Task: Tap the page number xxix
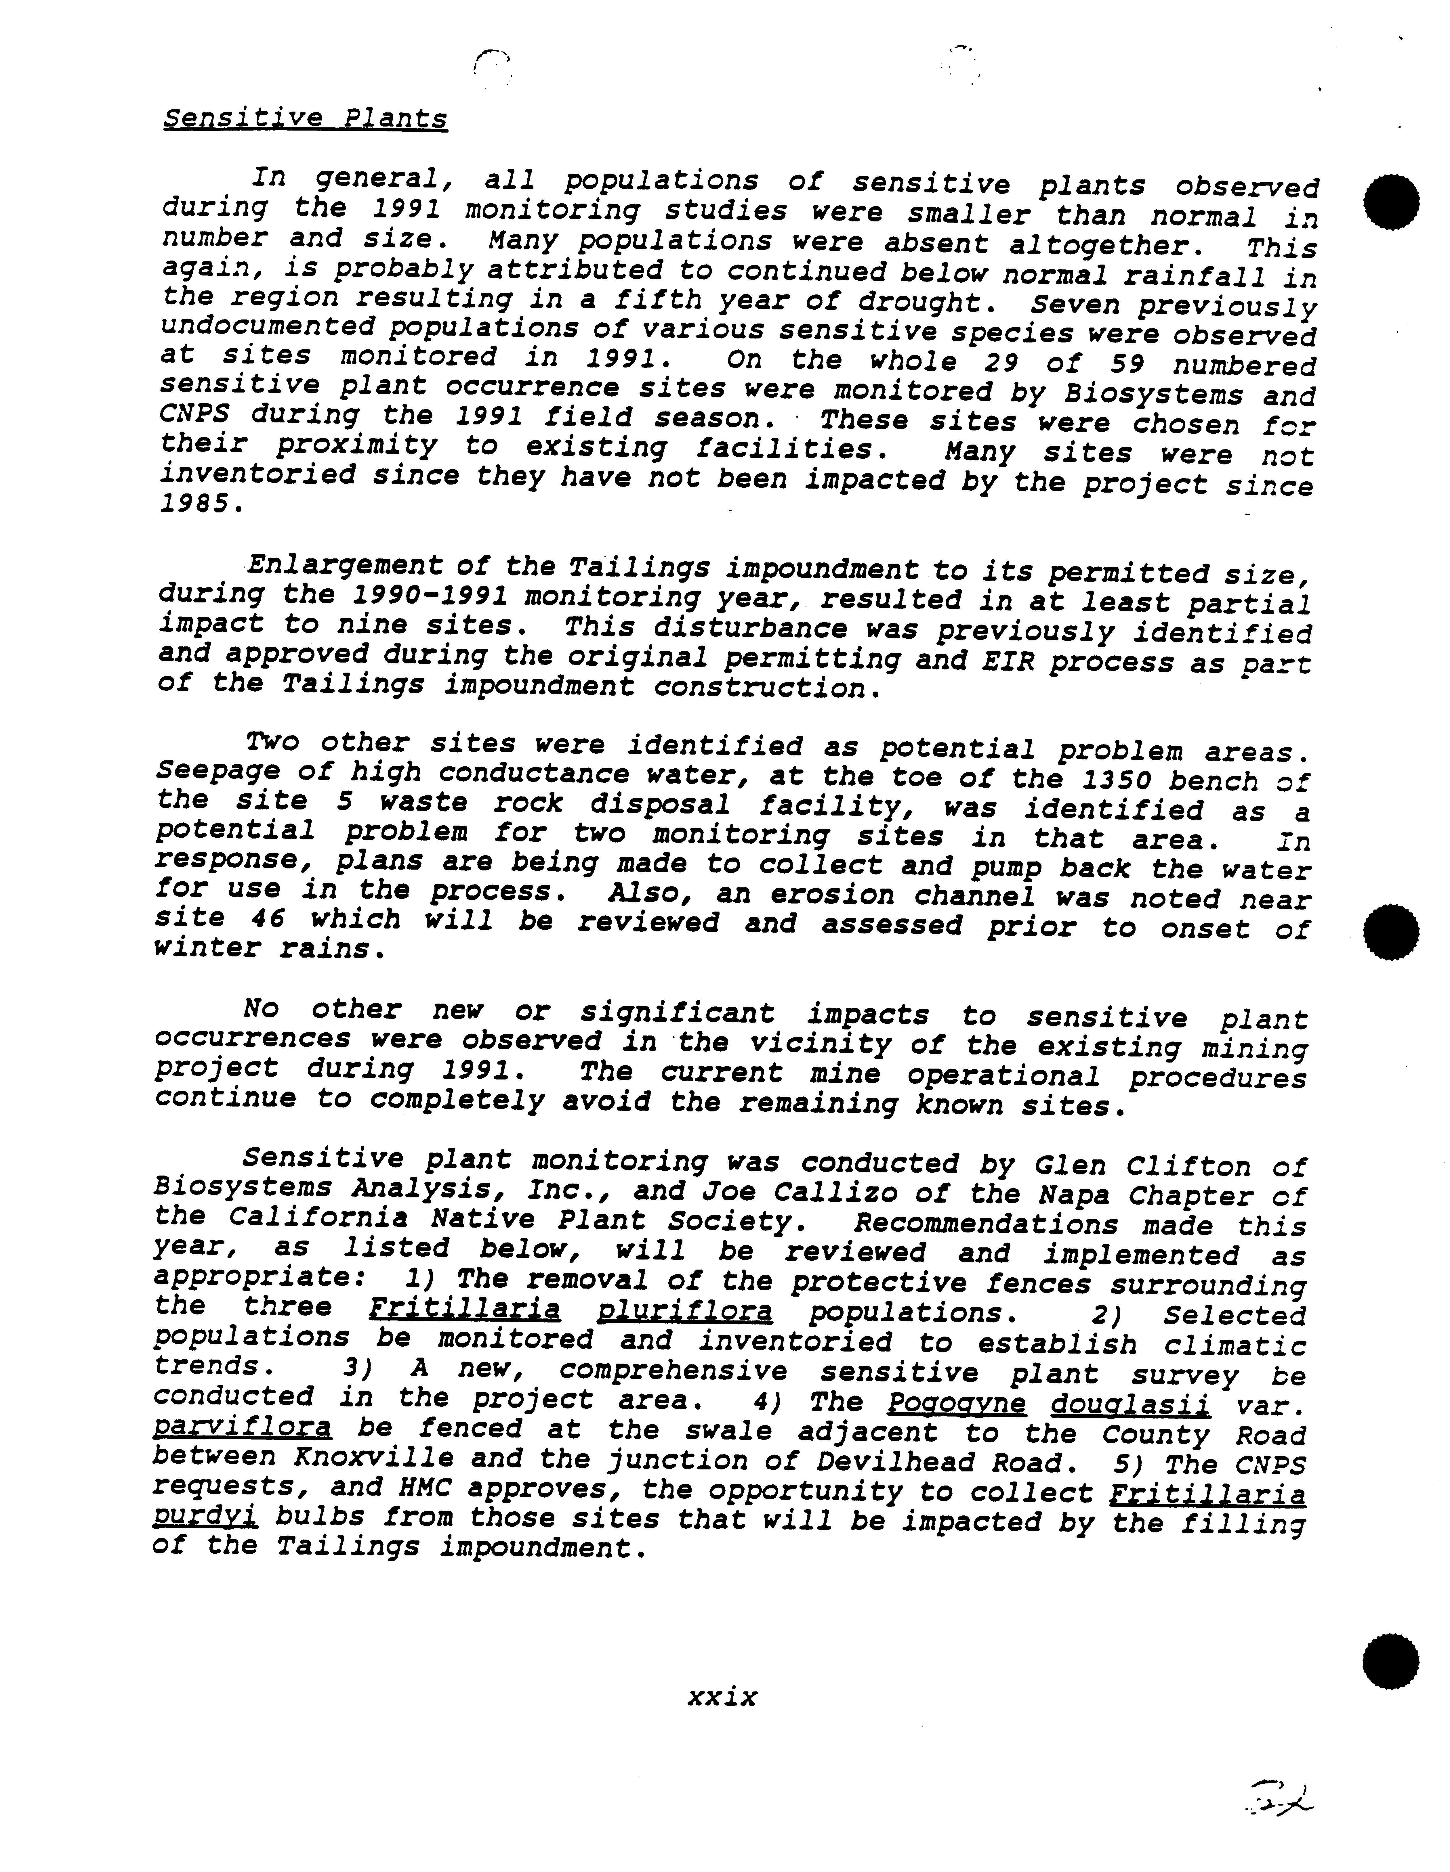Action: pos(722,1696)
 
